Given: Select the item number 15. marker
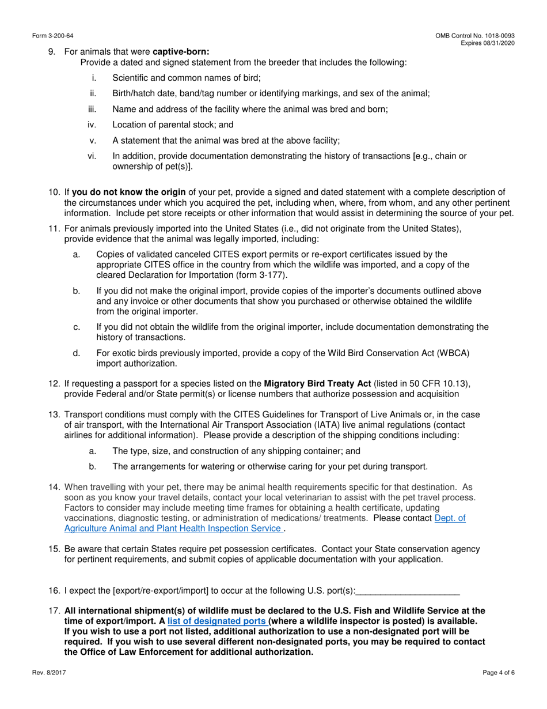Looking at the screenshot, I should [x=55, y=549].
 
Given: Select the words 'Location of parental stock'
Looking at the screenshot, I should [x=166, y=125].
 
